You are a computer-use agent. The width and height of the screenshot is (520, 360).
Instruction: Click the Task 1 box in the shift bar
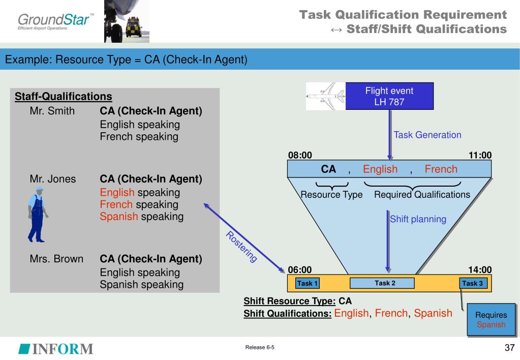pyautogui.click(x=308, y=283)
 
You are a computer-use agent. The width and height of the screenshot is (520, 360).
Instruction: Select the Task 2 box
pyautogui.click(x=382, y=283)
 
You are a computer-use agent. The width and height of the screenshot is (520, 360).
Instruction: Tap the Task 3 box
pyautogui.click(x=473, y=283)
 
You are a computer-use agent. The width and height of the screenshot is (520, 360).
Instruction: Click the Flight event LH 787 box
pyautogui.click(x=389, y=96)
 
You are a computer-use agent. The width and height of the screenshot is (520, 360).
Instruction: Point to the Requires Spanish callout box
pyautogui.click(x=491, y=319)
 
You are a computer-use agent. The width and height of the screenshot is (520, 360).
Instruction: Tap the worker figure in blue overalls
pyautogui.click(x=38, y=215)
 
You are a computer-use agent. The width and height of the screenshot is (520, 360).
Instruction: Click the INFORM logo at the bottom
pyautogui.click(x=56, y=349)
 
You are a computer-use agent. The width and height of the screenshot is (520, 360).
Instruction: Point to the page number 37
pyautogui.click(x=509, y=347)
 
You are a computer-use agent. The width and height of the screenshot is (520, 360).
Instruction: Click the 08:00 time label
pyautogui.click(x=300, y=155)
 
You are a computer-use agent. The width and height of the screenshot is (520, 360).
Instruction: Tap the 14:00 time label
pyautogui.click(x=480, y=270)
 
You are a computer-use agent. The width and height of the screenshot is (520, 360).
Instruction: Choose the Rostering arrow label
pyautogui.click(x=241, y=247)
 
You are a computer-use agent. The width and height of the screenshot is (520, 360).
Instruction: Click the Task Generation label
pyautogui.click(x=427, y=135)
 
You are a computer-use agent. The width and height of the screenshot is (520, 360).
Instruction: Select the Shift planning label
pyautogui.click(x=418, y=219)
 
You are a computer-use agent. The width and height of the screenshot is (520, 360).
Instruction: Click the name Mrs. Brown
pyautogui.click(x=56, y=259)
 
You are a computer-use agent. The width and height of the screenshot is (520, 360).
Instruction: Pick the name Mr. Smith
pyautogui.click(x=52, y=111)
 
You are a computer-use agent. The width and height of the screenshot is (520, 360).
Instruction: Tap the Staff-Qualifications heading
pyautogui.click(x=64, y=97)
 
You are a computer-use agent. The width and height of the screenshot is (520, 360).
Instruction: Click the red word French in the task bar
pyautogui.click(x=441, y=169)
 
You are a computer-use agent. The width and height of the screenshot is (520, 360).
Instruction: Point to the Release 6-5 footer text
pyautogui.click(x=260, y=347)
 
